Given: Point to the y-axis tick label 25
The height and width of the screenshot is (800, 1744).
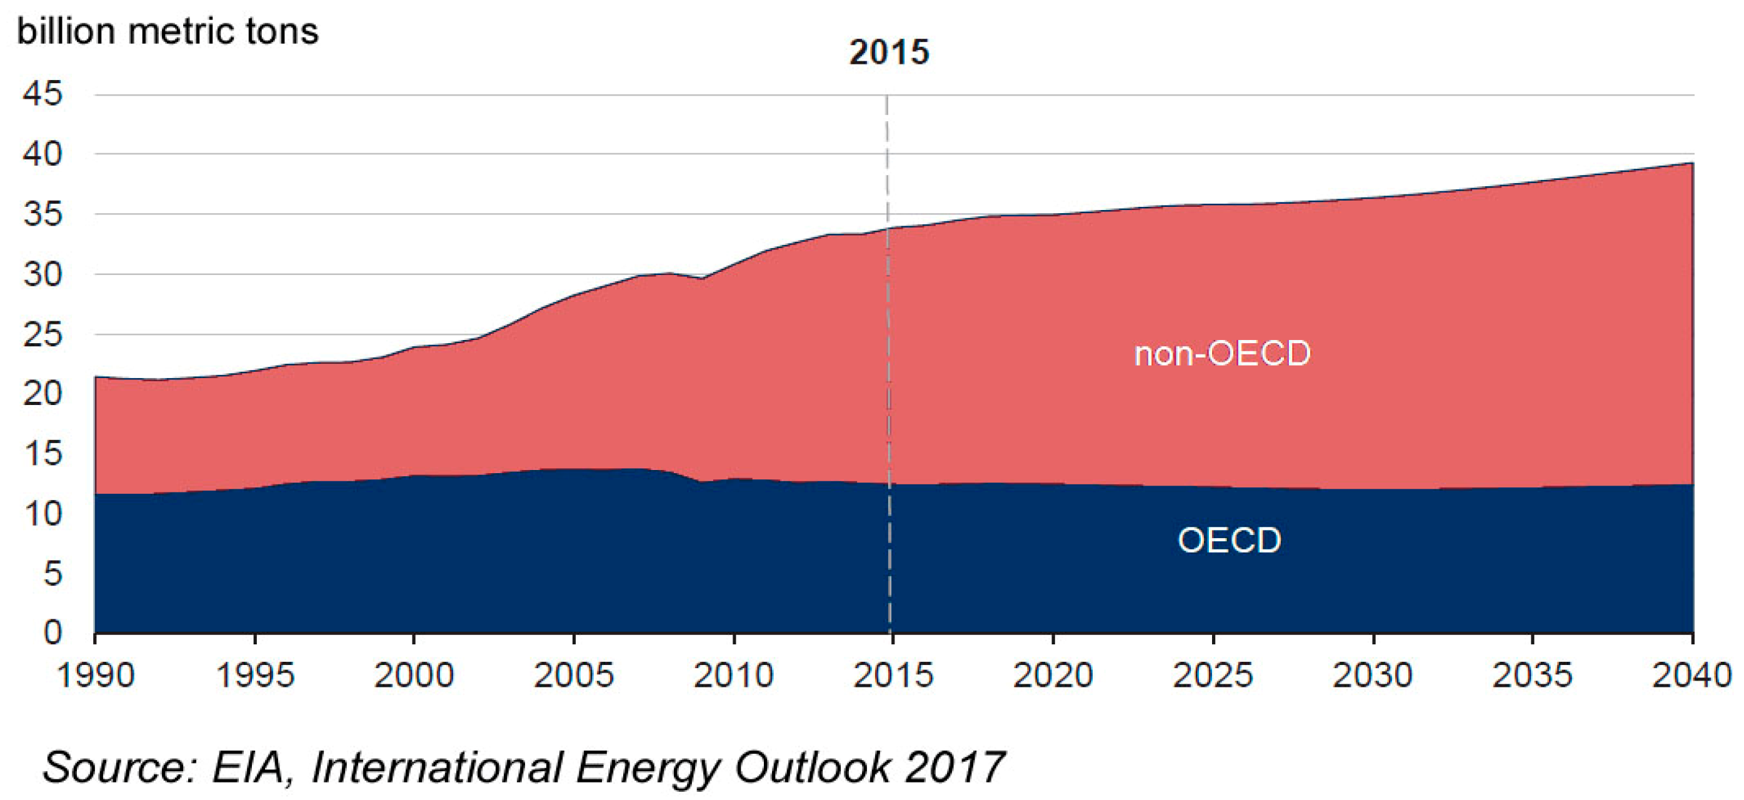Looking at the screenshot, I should (x=43, y=334).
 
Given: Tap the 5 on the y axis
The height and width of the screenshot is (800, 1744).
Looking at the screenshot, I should (x=52, y=573).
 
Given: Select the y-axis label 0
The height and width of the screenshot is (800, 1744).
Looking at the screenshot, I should (x=52, y=633).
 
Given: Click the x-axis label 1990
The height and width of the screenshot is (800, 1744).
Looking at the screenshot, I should (x=95, y=676).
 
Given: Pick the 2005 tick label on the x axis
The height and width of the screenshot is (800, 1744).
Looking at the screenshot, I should (x=573, y=676).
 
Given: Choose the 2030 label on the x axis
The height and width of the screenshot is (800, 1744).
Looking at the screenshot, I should (x=1372, y=676).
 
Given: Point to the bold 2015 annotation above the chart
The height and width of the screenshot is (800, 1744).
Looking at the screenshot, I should (x=889, y=52).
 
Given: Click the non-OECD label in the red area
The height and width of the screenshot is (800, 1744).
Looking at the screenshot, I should (x=1222, y=354).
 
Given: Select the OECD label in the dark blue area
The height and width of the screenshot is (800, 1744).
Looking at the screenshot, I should (x=1230, y=541).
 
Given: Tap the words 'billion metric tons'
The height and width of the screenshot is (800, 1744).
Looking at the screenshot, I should (x=168, y=32).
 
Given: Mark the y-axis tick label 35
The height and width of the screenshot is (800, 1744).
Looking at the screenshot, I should (x=43, y=214).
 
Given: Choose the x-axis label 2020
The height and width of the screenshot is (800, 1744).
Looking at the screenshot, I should (x=1053, y=676).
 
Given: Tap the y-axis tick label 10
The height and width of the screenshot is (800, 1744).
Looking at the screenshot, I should (x=43, y=514).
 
